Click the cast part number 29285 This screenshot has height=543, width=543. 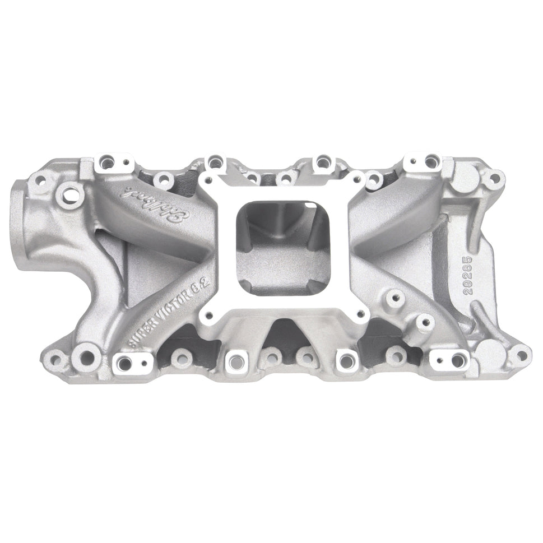pyautogui.click(x=468, y=272)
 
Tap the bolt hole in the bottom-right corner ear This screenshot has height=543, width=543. pyautogui.click(x=522, y=355)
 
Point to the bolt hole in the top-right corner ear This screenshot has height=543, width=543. pyautogui.click(x=494, y=179)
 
